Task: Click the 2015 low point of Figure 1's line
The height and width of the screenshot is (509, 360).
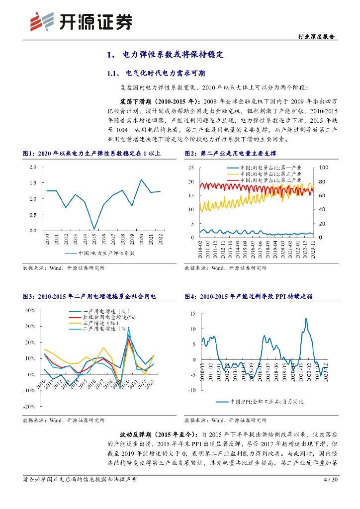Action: pyautogui.click(x=94, y=229)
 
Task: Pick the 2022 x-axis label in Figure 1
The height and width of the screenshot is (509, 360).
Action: pyautogui.click(x=160, y=241)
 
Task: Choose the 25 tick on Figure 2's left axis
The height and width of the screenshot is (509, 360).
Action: pyautogui.click(x=191, y=168)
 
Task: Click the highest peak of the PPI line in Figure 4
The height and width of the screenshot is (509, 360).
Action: pyautogui.click(x=305, y=319)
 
